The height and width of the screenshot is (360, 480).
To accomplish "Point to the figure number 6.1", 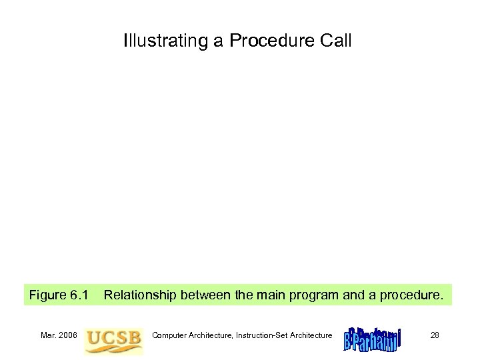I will [79, 295].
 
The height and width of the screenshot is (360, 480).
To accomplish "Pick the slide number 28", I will [434, 335].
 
